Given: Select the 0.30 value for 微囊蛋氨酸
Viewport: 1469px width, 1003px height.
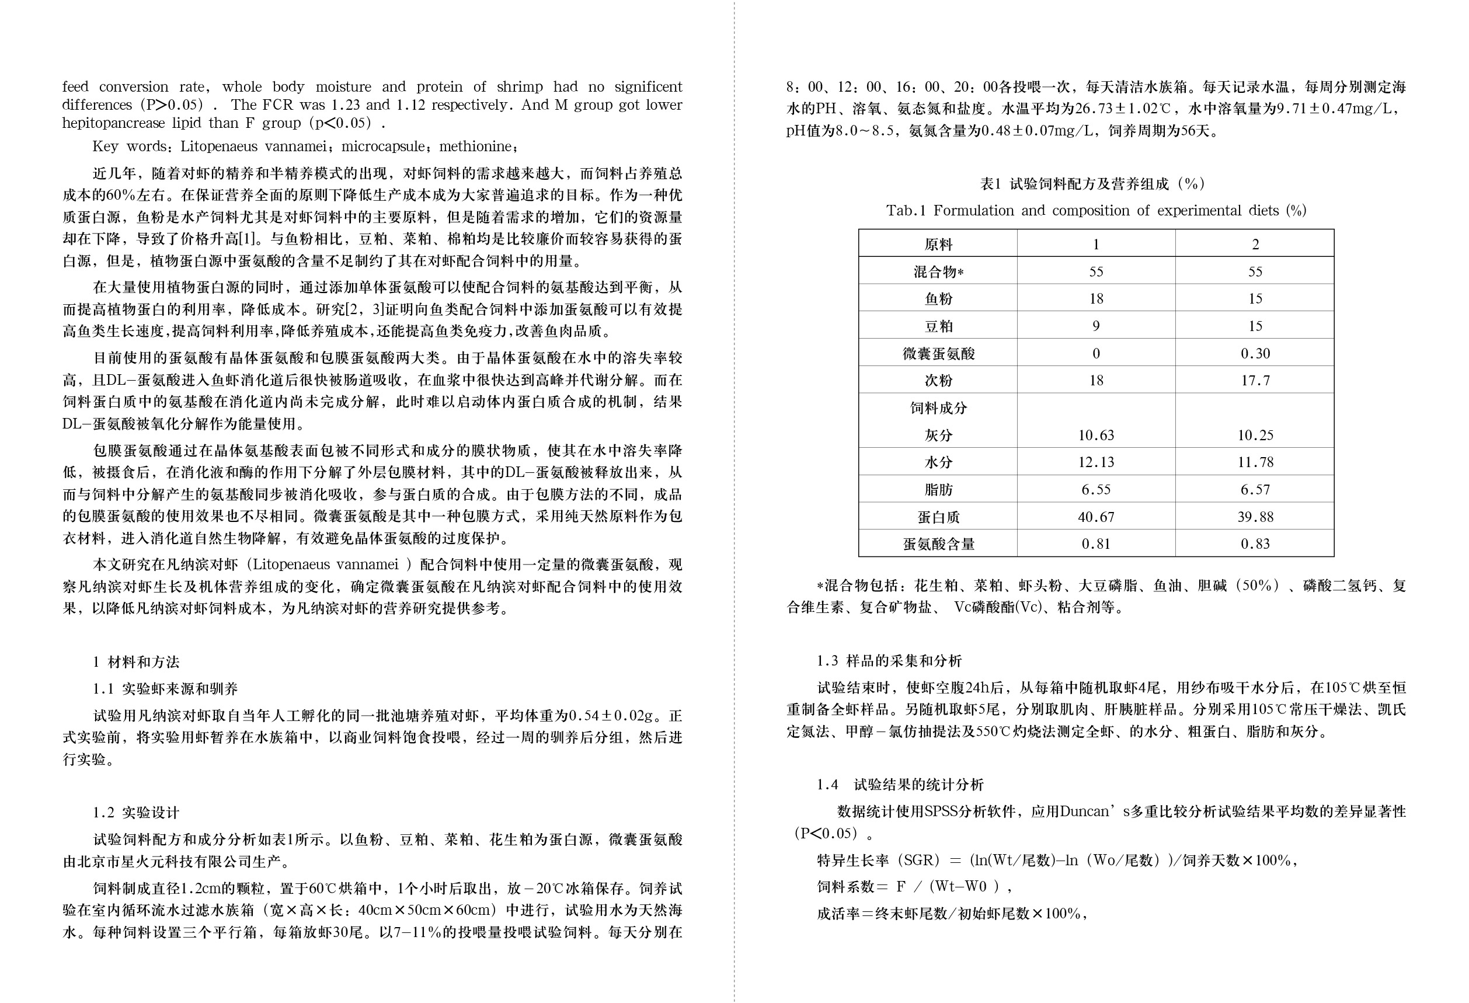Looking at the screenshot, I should (x=1255, y=354).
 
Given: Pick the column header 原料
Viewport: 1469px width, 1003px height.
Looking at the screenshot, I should (x=938, y=245).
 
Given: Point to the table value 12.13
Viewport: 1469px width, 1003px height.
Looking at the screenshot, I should (x=1095, y=462).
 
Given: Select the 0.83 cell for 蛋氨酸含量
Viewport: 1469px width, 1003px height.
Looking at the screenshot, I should (x=1255, y=544).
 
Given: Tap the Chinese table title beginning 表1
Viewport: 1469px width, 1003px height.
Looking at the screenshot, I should (x=1092, y=184).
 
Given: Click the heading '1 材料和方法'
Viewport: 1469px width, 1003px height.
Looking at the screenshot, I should (x=136, y=661).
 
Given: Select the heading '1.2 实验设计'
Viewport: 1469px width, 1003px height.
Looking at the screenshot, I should (x=136, y=813).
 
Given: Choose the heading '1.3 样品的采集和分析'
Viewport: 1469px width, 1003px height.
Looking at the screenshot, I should (x=889, y=661).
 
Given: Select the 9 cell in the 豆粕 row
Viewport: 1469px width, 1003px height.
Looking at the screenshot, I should (x=1095, y=327).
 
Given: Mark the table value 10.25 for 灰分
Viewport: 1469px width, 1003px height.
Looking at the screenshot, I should (x=1255, y=436).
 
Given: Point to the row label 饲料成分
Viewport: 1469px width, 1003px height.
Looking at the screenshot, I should (x=938, y=408).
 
